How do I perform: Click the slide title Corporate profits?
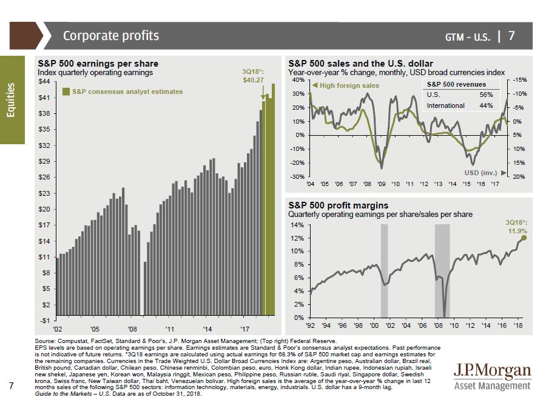[x=111, y=36]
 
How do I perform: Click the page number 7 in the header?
[x=511, y=36]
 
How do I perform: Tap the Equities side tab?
[x=12, y=101]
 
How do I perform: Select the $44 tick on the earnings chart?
[x=44, y=81]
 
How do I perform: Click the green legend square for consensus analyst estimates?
[x=66, y=92]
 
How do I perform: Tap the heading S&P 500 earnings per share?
[x=98, y=64]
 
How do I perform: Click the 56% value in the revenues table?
[x=486, y=95]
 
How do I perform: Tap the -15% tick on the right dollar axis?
[x=519, y=80]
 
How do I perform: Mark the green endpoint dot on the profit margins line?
[x=524, y=238]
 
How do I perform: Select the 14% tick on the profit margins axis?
[x=297, y=224]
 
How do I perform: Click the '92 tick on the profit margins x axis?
[x=310, y=325]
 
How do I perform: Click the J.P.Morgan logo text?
[x=492, y=370]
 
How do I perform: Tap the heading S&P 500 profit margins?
[x=338, y=205]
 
